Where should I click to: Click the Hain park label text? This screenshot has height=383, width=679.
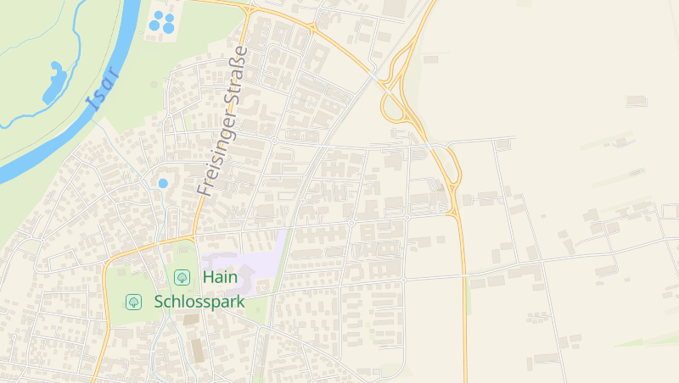[x=219, y=277]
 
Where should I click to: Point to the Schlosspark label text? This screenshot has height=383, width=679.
[x=199, y=302]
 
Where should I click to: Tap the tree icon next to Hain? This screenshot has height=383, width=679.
[x=182, y=277]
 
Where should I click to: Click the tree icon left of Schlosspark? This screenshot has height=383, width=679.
[x=133, y=302]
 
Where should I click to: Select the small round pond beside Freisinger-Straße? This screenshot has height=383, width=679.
[x=163, y=183]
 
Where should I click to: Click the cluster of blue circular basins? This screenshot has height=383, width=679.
[x=161, y=22]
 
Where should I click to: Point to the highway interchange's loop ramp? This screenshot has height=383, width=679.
[x=392, y=108]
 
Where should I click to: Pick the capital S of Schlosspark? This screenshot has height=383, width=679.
[x=160, y=302]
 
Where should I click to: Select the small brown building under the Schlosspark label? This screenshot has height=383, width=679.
[x=191, y=319]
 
